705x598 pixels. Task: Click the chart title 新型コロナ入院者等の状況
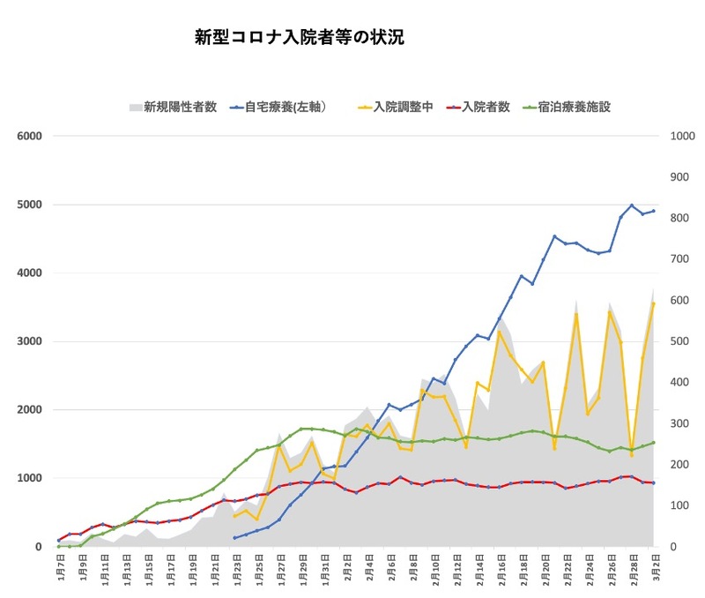tap(300, 38)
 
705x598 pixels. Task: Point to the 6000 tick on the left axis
tap(29, 136)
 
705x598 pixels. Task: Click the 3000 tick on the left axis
tap(29, 341)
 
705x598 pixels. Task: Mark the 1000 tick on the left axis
tap(29, 478)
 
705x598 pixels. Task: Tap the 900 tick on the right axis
tap(680, 177)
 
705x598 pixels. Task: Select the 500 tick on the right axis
tap(680, 341)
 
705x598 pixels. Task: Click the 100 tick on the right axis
tap(680, 505)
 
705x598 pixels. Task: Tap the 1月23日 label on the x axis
tap(234, 564)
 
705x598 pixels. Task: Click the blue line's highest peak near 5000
tap(631, 206)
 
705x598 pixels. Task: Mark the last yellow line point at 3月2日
tap(653, 303)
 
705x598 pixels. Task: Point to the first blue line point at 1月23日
tap(234, 537)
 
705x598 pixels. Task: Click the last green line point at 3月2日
tap(653, 443)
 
